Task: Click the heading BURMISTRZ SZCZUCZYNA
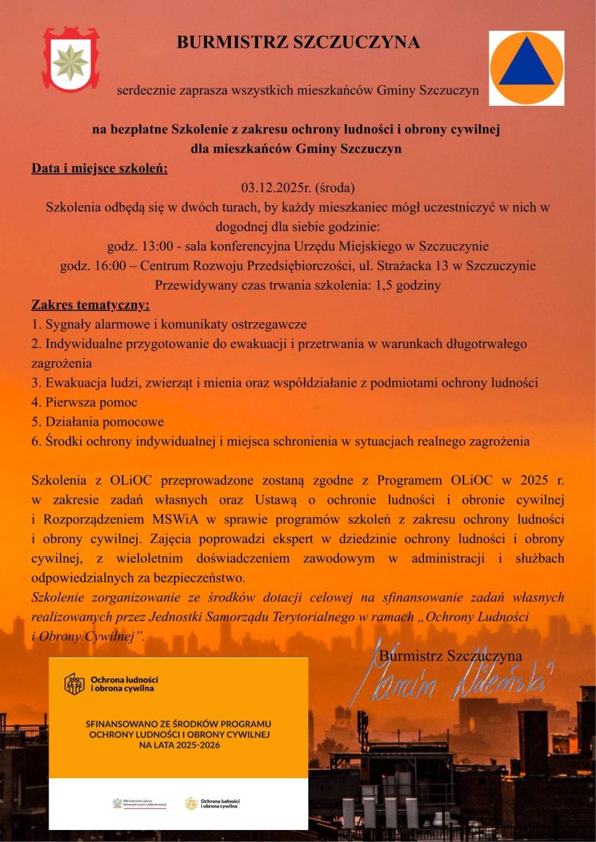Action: point(298,43)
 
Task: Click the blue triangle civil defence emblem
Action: point(527,67)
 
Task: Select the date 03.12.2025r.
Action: point(277,188)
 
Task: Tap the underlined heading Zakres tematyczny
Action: point(91,305)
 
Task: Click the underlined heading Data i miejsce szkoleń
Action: point(100,168)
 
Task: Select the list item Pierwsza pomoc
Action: point(84,403)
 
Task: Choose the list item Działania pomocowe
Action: point(98,422)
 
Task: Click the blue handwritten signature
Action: point(449,681)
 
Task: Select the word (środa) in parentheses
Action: point(335,188)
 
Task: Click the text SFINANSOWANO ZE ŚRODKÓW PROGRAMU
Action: point(178,723)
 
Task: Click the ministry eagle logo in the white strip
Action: point(117,803)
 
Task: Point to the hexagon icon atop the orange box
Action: point(74,683)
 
